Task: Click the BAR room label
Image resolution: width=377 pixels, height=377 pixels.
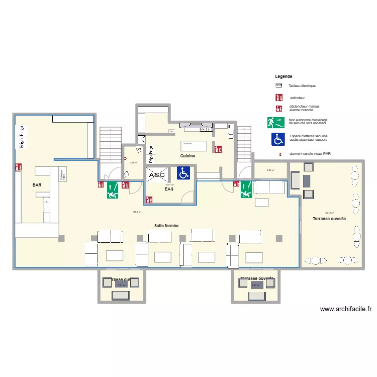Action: point(37,185)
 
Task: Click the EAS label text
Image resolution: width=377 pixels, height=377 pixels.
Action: point(169,190)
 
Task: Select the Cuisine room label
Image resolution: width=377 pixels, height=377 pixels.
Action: point(188,156)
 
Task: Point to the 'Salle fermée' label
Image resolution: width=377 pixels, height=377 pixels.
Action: point(166,226)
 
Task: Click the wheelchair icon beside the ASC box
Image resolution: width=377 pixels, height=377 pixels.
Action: point(183,174)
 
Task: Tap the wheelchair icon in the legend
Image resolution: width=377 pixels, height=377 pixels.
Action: point(278,138)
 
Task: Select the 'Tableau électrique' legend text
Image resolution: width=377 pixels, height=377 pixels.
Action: point(302,86)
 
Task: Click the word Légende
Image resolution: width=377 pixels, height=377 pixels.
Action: point(284,76)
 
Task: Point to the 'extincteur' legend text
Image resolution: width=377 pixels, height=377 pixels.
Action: point(297,98)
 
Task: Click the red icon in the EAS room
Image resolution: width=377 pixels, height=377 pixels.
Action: point(149,200)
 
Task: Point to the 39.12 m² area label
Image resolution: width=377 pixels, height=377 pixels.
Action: point(330,213)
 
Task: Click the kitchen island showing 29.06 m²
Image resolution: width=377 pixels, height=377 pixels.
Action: point(194,145)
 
